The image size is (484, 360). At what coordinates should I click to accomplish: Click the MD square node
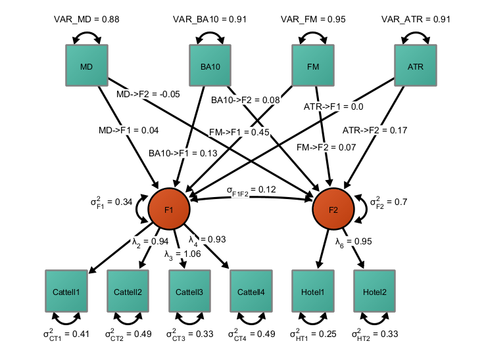point(86,65)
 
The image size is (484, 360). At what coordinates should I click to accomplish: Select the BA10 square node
point(210,65)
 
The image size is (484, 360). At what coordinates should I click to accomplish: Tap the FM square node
point(312,65)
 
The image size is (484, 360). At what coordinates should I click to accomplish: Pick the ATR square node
point(415,65)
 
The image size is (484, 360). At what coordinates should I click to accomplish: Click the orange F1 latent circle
point(169,210)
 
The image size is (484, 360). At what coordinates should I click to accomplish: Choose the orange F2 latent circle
point(333,210)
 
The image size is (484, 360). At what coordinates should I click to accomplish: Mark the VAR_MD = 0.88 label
point(86,20)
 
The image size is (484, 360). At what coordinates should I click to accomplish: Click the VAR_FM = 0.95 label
point(312,20)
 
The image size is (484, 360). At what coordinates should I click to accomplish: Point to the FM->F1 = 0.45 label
point(239,132)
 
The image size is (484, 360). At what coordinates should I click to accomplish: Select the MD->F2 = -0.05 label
point(147,95)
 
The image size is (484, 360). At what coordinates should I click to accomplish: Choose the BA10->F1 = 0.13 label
point(183,152)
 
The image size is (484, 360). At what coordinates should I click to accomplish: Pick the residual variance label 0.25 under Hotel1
point(312,334)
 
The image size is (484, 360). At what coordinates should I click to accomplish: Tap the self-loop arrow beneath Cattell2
point(128,319)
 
